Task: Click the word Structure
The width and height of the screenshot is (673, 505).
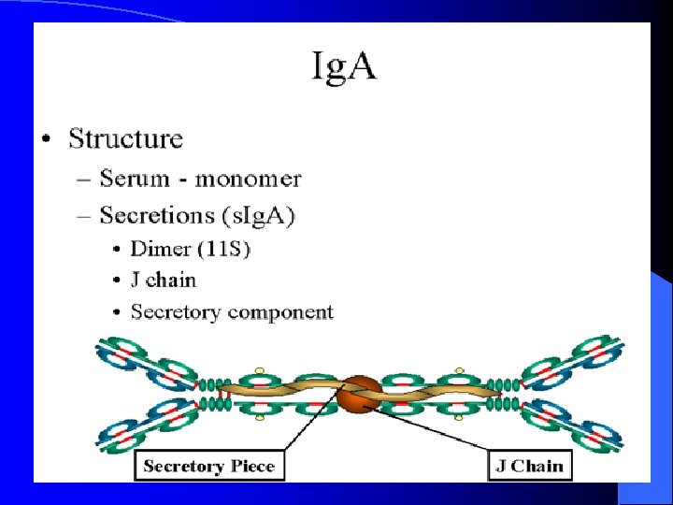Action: coord(126,139)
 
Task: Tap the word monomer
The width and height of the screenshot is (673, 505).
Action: coord(248,178)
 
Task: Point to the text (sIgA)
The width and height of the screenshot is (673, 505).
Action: coord(258,216)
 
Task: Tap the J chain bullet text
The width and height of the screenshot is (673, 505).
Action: coord(164,280)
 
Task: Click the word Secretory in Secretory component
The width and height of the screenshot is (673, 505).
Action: coord(176,311)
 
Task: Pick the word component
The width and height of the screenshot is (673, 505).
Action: coord(279,313)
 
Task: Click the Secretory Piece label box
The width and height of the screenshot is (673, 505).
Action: coord(209,466)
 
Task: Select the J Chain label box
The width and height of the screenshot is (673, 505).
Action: coord(529,466)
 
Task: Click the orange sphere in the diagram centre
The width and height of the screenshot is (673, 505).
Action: coord(361,394)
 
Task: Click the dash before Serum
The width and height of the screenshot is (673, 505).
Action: coord(84,179)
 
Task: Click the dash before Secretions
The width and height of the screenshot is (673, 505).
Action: coord(84,216)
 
